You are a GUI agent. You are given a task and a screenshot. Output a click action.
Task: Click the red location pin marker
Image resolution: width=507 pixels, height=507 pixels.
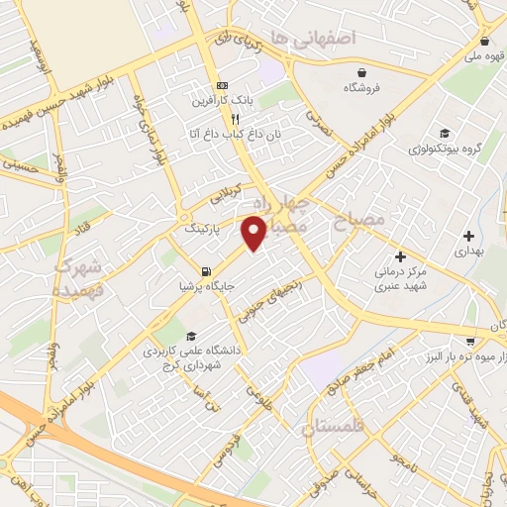255,233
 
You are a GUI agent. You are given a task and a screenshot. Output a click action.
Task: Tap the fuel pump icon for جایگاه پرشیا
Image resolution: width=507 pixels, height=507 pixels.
205,271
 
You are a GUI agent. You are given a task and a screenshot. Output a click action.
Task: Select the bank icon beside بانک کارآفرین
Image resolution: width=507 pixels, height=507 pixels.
222,85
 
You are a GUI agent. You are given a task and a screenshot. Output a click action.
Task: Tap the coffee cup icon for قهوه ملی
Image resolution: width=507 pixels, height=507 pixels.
485,42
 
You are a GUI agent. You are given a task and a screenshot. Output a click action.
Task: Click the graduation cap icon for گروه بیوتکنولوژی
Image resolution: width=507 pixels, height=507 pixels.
445,134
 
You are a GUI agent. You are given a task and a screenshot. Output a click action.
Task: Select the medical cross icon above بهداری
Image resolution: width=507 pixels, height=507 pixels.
468,236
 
